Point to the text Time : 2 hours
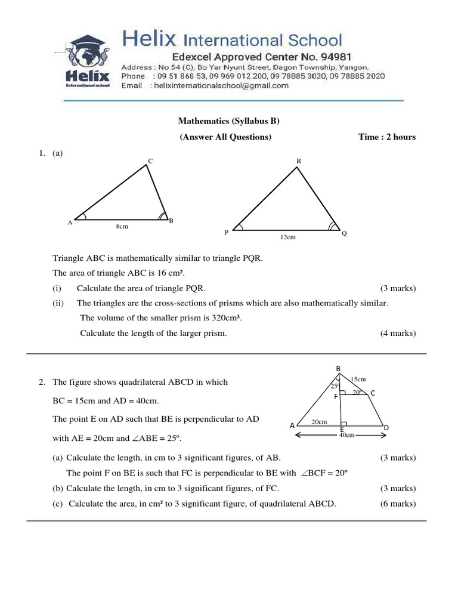(x=386, y=137)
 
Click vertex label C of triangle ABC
(x=150, y=161)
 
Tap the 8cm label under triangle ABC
(x=122, y=227)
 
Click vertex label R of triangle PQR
(x=298, y=161)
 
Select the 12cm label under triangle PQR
(x=288, y=237)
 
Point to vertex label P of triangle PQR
(x=227, y=233)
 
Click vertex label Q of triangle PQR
(x=344, y=233)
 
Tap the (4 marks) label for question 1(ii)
(x=398, y=333)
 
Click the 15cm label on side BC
(x=358, y=379)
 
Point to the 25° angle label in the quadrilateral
(x=335, y=386)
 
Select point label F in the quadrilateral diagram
(x=335, y=396)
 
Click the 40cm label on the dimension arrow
(x=346, y=436)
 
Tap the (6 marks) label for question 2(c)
(x=398, y=504)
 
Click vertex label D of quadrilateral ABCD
(x=386, y=428)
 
